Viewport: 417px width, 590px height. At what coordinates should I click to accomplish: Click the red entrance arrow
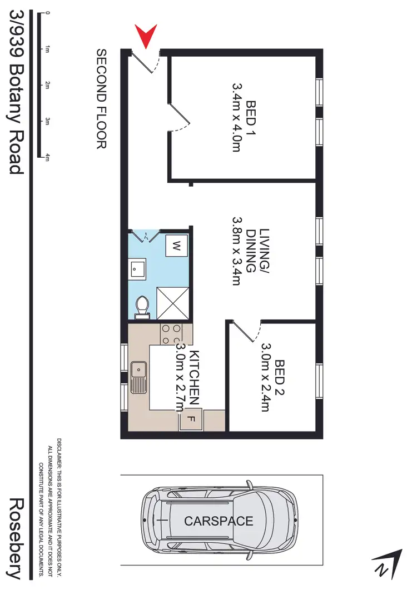[146, 36]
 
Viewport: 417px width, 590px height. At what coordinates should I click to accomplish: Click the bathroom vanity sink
[137, 269]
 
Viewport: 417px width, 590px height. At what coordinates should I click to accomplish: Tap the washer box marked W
[176, 245]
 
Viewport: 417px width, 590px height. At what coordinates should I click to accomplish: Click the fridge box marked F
[190, 420]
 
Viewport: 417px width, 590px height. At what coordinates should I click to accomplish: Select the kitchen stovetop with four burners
[171, 333]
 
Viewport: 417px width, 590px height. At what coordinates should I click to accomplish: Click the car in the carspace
[219, 521]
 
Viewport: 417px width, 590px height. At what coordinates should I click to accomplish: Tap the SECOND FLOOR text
[101, 99]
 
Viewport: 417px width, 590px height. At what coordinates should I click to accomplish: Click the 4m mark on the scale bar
[48, 158]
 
